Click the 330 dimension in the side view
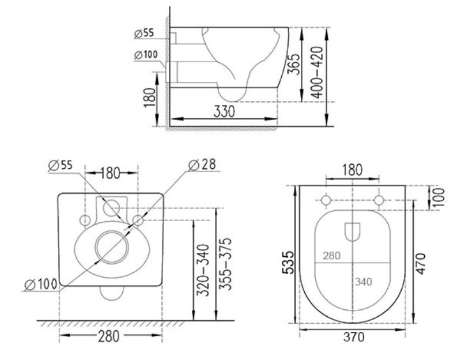click(x=224, y=112)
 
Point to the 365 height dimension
click(x=294, y=65)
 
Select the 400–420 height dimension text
click(x=317, y=73)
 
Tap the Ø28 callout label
click(x=202, y=165)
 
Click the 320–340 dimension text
click(x=203, y=270)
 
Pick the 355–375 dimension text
click(x=226, y=264)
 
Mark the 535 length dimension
click(x=288, y=263)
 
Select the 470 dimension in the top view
click(x=421, y=264)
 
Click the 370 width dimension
click(x=354, y=337)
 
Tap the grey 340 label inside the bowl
click(x=364, y=282)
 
